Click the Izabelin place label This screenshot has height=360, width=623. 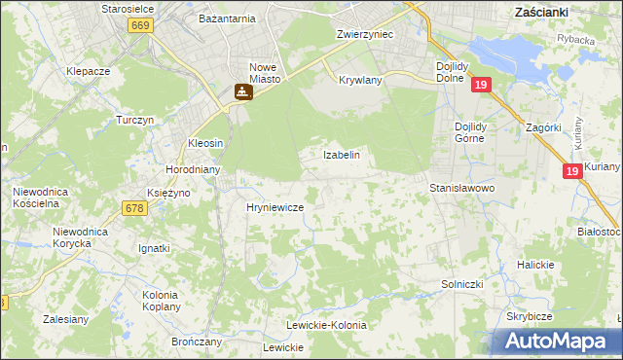pyautogui.click(x=342, y=155)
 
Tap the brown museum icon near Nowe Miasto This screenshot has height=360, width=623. pyautogui.click(x=242, y=92)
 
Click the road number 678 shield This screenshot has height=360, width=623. pyautogui.click(x=134, y=207)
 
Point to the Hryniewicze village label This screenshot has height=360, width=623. pyautogui.click(x=275, y=208)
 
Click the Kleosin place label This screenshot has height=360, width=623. pyautogui.click(x=205, y=143)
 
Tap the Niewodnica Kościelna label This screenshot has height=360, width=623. pyautogui.click(x=39, y=198)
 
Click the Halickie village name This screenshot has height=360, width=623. pyautogui.click(x=535, y=265)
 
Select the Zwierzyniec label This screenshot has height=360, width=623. pyautogui.click(x=364, y=33)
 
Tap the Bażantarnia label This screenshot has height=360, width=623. pyautogui.click(x=226, y=18)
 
